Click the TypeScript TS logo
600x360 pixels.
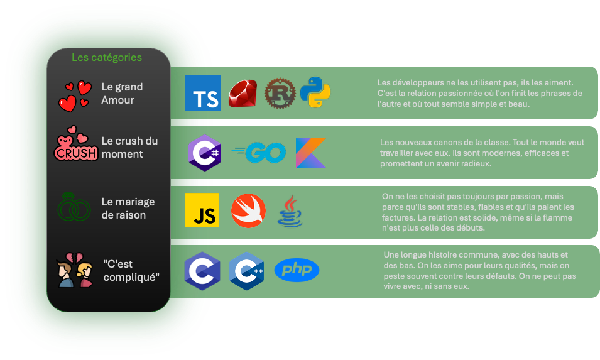tap(203, 93)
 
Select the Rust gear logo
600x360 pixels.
tap(279, 94)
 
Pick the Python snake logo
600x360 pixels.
tap(315, 93)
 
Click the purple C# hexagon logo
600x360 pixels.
tap(204, 153)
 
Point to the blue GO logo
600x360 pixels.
tap(258, 153)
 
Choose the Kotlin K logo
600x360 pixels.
tap(311, 153)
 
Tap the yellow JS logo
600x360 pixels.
tap(202, 210)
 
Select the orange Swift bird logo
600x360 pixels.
tap(248, 210)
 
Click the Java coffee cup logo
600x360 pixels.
tap(290, 210)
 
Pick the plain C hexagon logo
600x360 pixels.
tap(202, 271)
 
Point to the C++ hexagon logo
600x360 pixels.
tap(246, 271)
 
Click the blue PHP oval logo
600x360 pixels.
tap(297, 270)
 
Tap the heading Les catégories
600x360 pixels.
tap(107, 57)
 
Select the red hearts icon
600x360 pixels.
tap(75, 95)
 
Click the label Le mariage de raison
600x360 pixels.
tap(128, 209)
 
